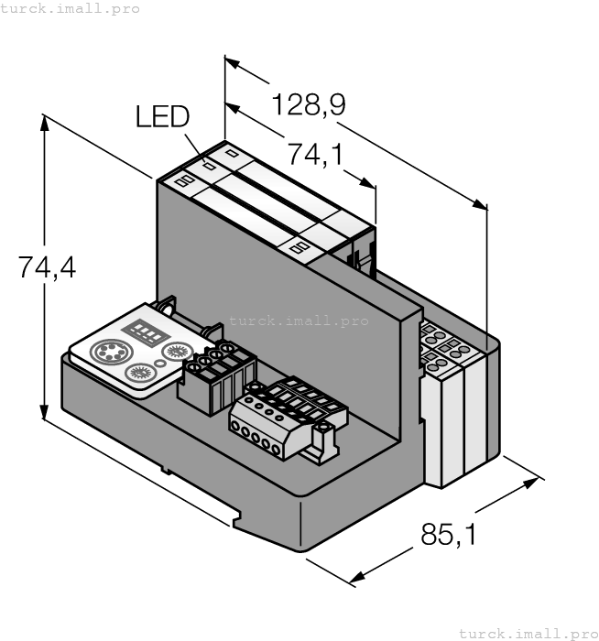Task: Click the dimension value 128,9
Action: pyautogui.click(x=309, y=105)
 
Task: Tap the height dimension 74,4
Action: pyautogui.click(x=48, y=267)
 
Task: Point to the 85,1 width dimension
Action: pyautogui.click(x=449, y=534)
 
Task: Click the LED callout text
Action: pyautogui.click(x=162, y=116)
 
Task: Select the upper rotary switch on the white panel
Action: pyautogui.click(x=176, y=351)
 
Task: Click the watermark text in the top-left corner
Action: pyautogui.click(x=71, y=8)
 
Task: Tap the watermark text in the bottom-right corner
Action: pyautogui.click(x=527, y=633)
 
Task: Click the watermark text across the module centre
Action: pyautogui.click(x=299, y=320)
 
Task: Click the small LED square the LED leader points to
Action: pyautogui.click(x=209, y=168)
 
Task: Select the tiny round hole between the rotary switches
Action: pyautogui.click(x=160, y=364)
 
